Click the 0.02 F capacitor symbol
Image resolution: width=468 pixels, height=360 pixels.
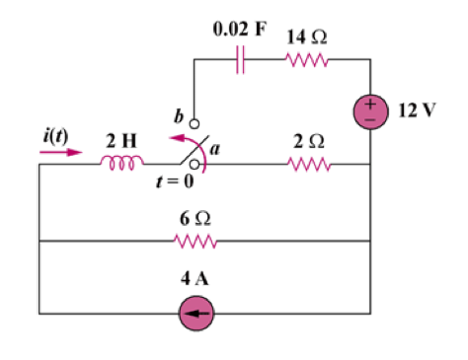[240, 59]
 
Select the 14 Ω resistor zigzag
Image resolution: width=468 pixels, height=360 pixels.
[306, 60]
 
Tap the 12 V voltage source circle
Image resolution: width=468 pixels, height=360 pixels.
[370, 111]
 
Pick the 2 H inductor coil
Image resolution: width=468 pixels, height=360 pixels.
[122, 163]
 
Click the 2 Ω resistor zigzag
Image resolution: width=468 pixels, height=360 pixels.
[309, 164]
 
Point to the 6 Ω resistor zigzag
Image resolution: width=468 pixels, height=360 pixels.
[195, 242]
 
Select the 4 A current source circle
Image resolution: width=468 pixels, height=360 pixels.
[196, 314]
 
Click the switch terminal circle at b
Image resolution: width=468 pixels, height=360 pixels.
[195, 124]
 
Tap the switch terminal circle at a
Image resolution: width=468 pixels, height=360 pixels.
[195, 165]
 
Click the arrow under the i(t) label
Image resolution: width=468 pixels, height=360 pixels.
[61, 152]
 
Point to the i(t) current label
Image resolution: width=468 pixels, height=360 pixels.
[55, 136]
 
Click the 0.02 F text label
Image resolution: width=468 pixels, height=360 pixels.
[240, 29]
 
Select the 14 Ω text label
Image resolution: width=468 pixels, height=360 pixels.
[307, 36]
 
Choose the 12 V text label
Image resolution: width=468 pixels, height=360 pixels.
[417, 110]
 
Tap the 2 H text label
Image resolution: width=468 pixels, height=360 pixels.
[121, 141]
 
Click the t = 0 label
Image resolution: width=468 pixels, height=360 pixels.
[175, 181]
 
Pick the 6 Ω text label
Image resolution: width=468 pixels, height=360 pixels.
[195, 219]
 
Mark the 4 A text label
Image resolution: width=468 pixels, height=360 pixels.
[195, 278]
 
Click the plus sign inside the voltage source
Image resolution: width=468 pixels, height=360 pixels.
[370, 105]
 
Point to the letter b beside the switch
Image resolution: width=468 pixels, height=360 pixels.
[179, 116]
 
